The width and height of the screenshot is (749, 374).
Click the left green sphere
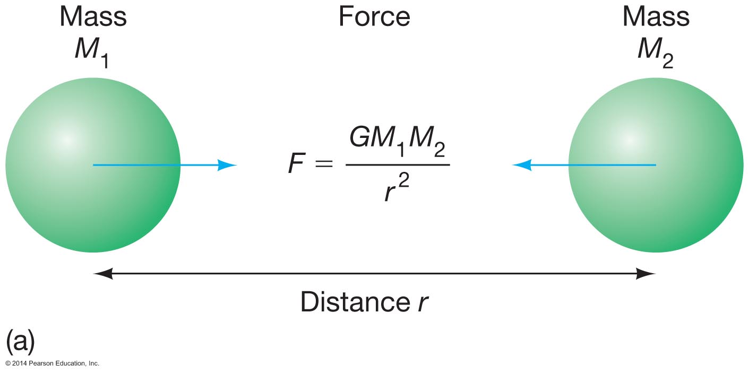pyautogui.click(x=93, y=165)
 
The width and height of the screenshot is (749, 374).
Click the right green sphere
pyautogui.click(x=656, y=165)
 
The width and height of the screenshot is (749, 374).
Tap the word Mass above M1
pyautogui.click(x=93, y=17)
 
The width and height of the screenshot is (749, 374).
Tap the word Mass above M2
pyautogui.click(x=656, y=17)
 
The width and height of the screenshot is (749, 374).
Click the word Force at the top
pyautogui.click(x=374, y=17)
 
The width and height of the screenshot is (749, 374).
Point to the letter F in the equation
pyautogui.click(x=297, y=164)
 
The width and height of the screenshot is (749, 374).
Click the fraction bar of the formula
pyautogui.click(x=398, y=165)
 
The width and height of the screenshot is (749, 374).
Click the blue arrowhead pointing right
pyautogui.click(x=227, y=165)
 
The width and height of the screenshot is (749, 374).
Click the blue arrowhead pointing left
pyautogui.click(x=522, y=165)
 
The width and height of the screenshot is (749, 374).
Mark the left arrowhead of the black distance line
pyautogui.click(x=102, y=274)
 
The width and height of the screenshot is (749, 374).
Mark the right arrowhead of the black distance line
pyautogui.click(x=646, y=274)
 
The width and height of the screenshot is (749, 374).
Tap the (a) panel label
pyautogui.click(x=20, y=342)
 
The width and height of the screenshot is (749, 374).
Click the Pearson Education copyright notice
pyautogui.click(x=52, y=363)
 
